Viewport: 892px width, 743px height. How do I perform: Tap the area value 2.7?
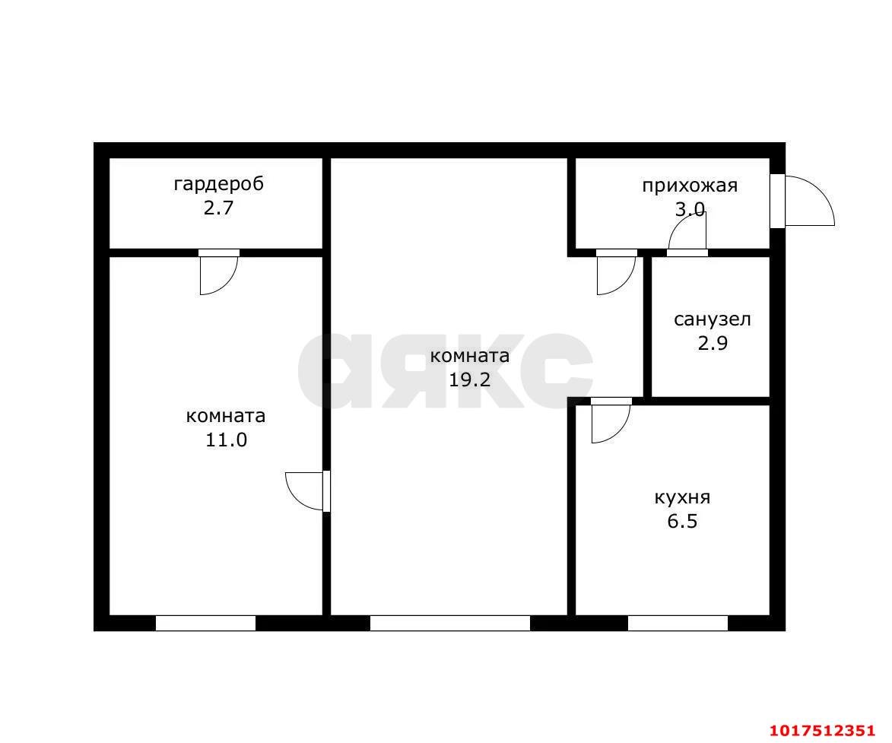click(218, 208)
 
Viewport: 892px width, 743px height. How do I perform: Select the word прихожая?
click(690, 186)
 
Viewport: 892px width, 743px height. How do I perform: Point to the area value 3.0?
click(690, 210)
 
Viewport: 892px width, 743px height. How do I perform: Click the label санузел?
click(713, 319)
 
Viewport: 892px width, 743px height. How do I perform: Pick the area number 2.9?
click(713, 344)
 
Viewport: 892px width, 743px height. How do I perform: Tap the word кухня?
click(682, 498)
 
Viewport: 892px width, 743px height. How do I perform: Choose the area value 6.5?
click(682, 522)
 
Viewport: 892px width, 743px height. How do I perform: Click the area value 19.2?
click(470, 379)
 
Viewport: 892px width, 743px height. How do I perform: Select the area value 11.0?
click(227, 440)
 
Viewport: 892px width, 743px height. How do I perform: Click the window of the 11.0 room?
click(206, 624)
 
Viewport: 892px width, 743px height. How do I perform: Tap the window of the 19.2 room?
click(450, 624)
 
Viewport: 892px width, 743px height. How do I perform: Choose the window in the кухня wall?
click(678, 624)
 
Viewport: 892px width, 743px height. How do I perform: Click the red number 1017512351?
click(822, 730)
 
